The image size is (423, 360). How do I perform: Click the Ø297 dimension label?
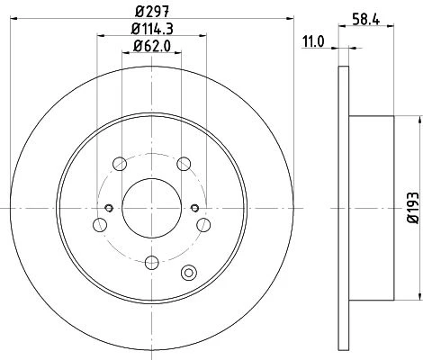coord(152,12)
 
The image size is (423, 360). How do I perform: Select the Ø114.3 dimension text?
coord(152,29)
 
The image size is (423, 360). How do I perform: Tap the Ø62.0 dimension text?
coord(152,46)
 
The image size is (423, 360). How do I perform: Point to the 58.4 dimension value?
coord(366,19)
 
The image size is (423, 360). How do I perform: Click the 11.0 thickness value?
coord(313,41)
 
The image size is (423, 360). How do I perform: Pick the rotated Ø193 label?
coord(413,208)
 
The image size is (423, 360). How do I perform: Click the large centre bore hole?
coord(152,208)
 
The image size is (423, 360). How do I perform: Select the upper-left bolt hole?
coord(120,164)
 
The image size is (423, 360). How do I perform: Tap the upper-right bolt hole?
coord(184,164)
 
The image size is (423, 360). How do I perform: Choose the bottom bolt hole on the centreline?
coord(152,263)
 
